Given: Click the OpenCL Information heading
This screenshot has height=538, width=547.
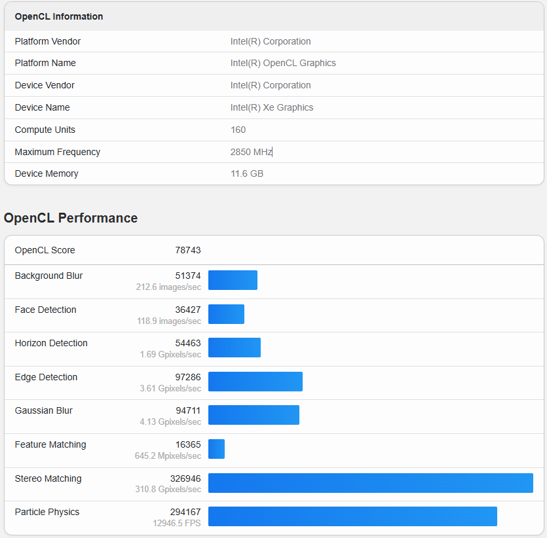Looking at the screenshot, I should (x=59, y=16).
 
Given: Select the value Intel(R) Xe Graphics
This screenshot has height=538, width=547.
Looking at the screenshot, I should (x=272, y=107).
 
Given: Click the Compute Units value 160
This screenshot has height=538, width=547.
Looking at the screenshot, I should (x=238, y=130).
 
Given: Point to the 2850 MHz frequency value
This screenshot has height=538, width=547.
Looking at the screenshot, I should (x=251, y=152).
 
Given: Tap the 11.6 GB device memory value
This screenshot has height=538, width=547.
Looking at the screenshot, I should (x=247, y=173).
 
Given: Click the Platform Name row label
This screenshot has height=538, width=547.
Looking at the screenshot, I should (x=45, y=63).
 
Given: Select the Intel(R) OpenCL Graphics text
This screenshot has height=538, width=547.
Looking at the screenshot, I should (x=283, y=63).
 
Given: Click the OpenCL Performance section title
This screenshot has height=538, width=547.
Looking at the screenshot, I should (x=71, y=218).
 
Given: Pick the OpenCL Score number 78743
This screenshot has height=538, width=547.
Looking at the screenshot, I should (x=188, y=250).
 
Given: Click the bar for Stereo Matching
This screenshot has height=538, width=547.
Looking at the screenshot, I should (x=370, y=483).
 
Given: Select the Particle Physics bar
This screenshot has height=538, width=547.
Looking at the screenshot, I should (x=352, y=516).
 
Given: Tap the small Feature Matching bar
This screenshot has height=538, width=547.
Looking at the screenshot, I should (x=216, y=449).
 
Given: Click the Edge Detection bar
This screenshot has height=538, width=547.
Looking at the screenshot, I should (x=255, y=382).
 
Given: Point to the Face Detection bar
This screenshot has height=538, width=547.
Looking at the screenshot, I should (x=226, y=314).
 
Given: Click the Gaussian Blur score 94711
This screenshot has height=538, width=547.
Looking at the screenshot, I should (x=188, y=410).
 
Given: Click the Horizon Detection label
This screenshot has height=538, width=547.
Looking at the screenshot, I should (x=51, y=343).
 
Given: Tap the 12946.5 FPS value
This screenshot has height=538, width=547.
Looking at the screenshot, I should (x=177, y=524).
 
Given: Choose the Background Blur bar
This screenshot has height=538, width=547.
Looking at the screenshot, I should (x=233, y=280).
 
